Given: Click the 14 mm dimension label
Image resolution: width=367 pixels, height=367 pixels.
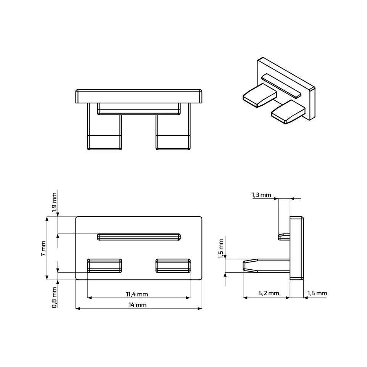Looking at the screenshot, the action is pyautogui.click(x=137, y=305).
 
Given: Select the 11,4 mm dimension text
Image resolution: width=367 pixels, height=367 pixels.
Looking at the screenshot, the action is pyautogui.click(x=137, y=294).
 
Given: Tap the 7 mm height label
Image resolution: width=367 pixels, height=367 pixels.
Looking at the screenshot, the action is pyautogui.click(x=43, y=248).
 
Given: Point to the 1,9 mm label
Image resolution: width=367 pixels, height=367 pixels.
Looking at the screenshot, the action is pyautogui.click(x=54, y=203).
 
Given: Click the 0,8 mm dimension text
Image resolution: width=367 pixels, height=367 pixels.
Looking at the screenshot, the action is pyautogui.click(x=54, y=298).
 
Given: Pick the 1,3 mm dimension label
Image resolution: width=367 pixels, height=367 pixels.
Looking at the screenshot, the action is pyautogui.click(x=261, y=195).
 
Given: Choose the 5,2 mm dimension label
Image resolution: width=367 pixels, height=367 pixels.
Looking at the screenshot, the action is pyautogui.click(x=269, y=293).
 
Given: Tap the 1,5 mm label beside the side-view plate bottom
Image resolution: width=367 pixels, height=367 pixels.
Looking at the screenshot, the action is pyautogui.click(x=317, y=293).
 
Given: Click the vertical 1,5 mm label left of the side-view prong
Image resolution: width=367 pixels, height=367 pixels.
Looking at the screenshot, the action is pyautogui.click(x=221, y=249).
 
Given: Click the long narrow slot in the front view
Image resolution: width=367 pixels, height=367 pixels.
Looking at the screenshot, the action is pyautogui.click(x=139, y=237).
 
